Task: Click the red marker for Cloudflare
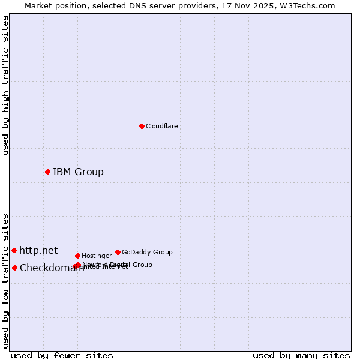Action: coord(142,126)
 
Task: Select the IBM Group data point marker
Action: coord(47,172)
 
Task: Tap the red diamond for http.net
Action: coord(14,250)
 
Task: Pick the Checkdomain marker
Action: coord(14,268)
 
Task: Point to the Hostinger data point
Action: coord(77,256)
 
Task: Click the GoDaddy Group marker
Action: coord(118,252)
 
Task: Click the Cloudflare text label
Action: coord(161,126)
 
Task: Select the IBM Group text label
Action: coord(78,172)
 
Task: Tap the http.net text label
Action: coord(38,250)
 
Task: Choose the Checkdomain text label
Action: coord(52,268)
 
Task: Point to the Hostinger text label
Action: coord(97,256)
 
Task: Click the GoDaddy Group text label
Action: coord(147,252)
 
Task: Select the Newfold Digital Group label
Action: coord(117,265)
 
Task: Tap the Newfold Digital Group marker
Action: coord(79,265)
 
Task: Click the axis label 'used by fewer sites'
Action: coord(62,355)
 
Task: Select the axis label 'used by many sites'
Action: coord(301,355)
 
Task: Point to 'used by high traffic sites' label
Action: coord(6,85)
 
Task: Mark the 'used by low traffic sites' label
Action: coord(6,281)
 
